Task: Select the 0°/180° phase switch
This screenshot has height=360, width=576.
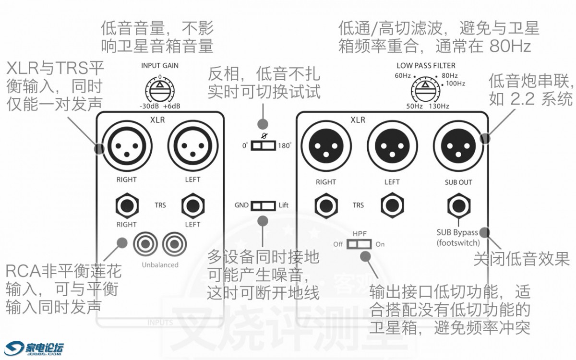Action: pyautogui.click(x=263, y=145)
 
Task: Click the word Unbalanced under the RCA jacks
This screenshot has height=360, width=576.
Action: pyautogui.click(x=160, y=264)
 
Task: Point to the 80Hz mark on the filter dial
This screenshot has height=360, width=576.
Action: pyautogui.click(x=450, y=76)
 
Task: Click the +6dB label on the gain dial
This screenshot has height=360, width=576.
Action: pyautogui.click(x=172, y=107)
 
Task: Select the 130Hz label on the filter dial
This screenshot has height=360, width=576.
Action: pyautogui.click(x=439, y=106)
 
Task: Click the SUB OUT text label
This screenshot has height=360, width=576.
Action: pyautogui.click(x=458, y=182)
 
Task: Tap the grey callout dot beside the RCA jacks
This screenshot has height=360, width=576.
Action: pyautogui.click(x=122, y=242)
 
